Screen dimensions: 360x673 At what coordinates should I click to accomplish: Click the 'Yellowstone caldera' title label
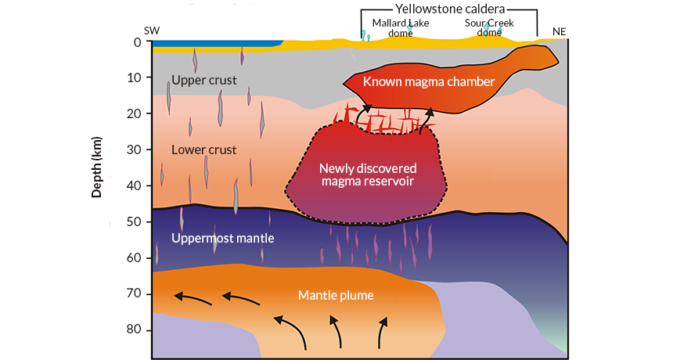(448, 10)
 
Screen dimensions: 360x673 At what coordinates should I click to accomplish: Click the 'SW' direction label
(152, 31)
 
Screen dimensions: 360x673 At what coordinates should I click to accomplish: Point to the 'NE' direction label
(559, 31)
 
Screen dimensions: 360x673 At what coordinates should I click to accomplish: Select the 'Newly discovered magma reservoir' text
(367, 175)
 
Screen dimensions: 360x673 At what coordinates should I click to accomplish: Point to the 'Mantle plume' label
(335, 295)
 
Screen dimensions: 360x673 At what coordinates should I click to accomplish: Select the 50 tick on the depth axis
(134, 221)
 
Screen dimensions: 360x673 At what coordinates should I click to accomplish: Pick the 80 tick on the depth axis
(134, 329)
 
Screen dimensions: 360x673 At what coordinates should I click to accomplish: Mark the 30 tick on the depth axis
(134, 149)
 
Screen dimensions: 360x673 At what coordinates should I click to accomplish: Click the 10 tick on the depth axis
(134, 77)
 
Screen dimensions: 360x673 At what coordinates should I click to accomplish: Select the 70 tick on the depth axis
(134, 293)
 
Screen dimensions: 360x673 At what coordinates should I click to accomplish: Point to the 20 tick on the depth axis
(134, 113)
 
